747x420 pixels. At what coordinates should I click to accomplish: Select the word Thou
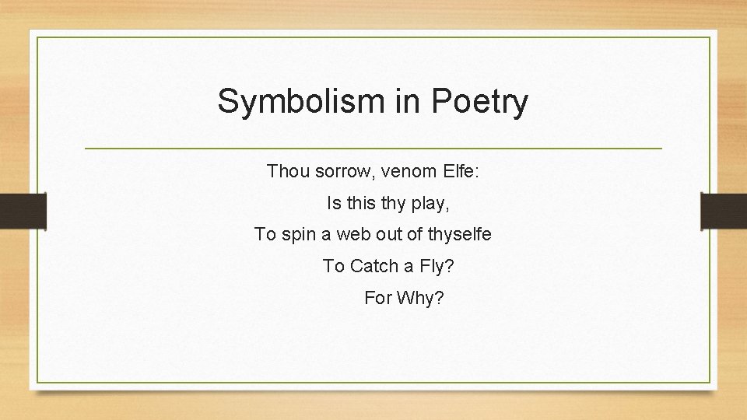pyautogui.click(x=288, y=170)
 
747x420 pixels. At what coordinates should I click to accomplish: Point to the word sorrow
pyautogui.click(x=342, y=171)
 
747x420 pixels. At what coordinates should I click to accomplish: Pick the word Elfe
pyautogui.click(x=460, y=170)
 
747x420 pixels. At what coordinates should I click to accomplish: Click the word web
pyautogui.click(x=349, y=234)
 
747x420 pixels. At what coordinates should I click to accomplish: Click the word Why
pyautogui.click(x=420, y=298)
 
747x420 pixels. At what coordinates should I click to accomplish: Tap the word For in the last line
pyautogui.click(x=377, y=298)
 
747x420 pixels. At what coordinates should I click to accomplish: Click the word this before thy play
pyautogui.click(x=361, y=204)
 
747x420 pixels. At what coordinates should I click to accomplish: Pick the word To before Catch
pyautogui.click(x=333, y=266)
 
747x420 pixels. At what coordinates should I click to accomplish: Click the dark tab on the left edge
pyautogui.click(x=23, y=212)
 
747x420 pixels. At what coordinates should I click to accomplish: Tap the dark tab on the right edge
pyautogui.click(x=724, y=212)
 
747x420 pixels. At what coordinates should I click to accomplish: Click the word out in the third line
pyautogui.click(x=386, y=234)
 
